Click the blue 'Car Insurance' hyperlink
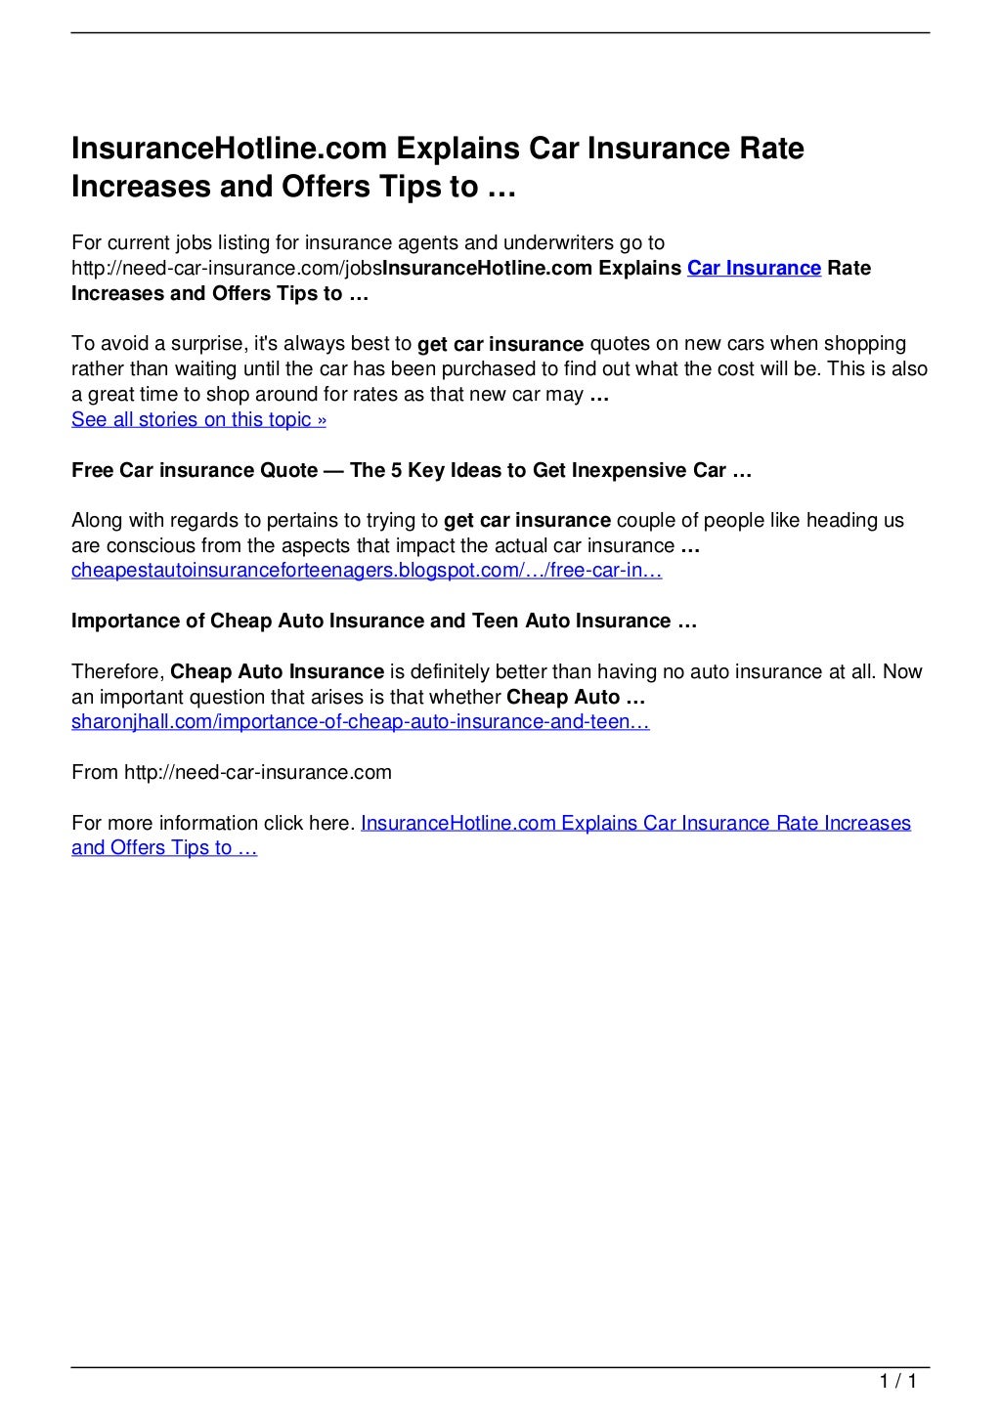(x=754, y=269)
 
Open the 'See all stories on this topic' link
(x=198, y=420)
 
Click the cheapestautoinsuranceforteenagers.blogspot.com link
(x=367, y=571)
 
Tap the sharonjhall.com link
(x=361, y=722)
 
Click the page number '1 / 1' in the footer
(x=896, y=1382)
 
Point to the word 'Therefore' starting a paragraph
(x=116, y=672)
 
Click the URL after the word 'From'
(x=258, y=773)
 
